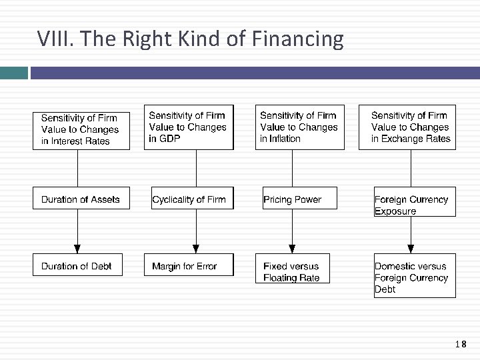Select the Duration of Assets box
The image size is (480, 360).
pyautogui.click(x=81, y=199)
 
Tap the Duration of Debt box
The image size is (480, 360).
pyautogui.click(x=77, y=265)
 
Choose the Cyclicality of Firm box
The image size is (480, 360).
pyautogui.click(x=192, y=199)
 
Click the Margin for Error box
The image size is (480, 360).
pyautogui.click(x=188, y=265)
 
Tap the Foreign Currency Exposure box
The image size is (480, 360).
pyautogui.click(x=414, y=204)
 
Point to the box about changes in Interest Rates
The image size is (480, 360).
pyautogui.click(x=81, y=130)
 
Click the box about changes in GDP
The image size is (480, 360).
pyautogui.click(x=189, y=127)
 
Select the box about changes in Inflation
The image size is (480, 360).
pyautogui.click(x=299, y=127)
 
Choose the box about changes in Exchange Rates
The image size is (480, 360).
pyautogui.click(x=407, y=127)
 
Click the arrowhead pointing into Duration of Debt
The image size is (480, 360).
pyautogui.click(x=77, y=249)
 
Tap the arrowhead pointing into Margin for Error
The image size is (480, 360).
pyautogui.click(x=196, y=249)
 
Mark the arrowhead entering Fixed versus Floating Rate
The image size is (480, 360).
pyautogui.click(x=292, y=249)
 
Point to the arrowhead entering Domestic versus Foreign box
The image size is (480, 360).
pyautogui.click(x=411, y=249)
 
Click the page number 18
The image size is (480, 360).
pyautogui.click(x=460, y=345)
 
